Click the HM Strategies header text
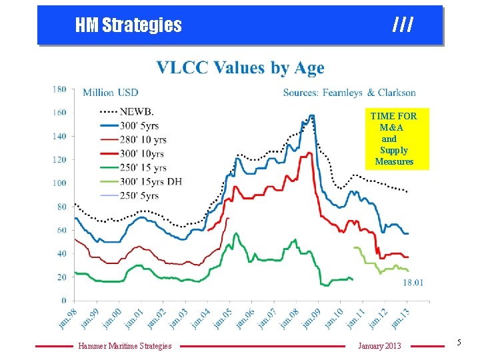128,25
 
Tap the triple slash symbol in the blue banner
403,25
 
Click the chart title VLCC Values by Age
240,68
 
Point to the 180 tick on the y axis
59,89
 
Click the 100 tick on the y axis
59,183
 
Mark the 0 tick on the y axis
63,301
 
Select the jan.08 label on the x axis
287,317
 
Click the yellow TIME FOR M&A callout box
394,139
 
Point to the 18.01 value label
413,283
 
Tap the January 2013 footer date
379,345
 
